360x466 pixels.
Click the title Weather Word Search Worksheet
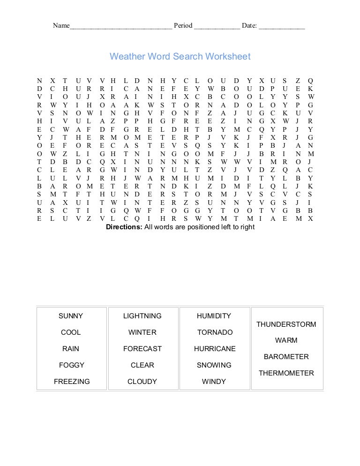tap(180, 57)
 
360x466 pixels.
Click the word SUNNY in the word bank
tap(71, 316)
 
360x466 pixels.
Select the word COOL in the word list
tap(71, 332)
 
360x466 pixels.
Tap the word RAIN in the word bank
tap(71, 349)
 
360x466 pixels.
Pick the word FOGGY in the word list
tap(72, 365)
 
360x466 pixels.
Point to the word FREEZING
tap(72, 382)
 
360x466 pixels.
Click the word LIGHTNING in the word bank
tap(142, 316)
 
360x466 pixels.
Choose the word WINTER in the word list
tap(142, 332)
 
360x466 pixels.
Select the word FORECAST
tap(142, 349)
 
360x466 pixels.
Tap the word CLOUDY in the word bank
tap(142, 382)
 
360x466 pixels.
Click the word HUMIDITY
tap(214, 316)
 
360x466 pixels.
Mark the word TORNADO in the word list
tap(215, 332)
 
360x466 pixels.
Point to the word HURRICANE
tap(215, 349)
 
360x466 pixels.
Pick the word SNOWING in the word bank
tap(214, 365)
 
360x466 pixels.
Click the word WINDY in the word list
tap(214, 382)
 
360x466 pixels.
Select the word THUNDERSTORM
tap(286, 324)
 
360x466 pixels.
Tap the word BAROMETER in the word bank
tap(286, 357)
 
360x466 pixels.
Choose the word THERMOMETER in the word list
tap(286, 373)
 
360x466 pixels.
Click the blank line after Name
tap(121, 26)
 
